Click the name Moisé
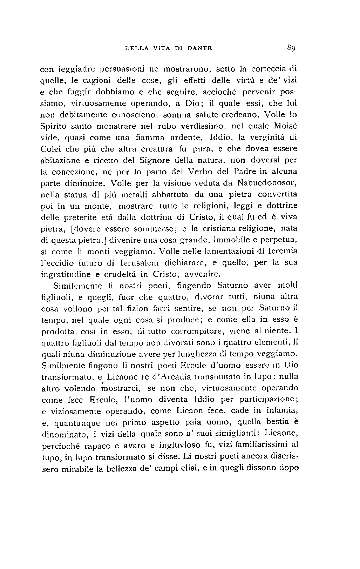(286, 126)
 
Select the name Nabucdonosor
(267, 183)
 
